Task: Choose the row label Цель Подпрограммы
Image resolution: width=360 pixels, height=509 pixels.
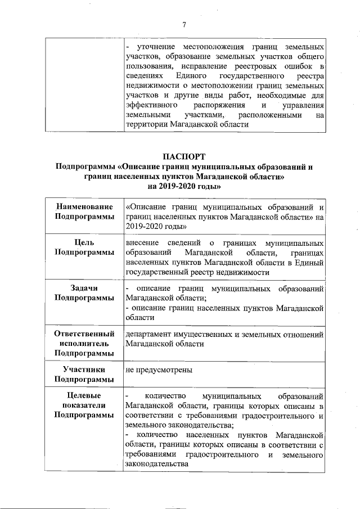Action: (84, 247)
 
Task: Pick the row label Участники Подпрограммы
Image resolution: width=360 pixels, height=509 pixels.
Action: (84, 375)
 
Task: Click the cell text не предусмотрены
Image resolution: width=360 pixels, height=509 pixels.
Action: (160, 370)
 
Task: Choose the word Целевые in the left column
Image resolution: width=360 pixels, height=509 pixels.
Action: (84, 395)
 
